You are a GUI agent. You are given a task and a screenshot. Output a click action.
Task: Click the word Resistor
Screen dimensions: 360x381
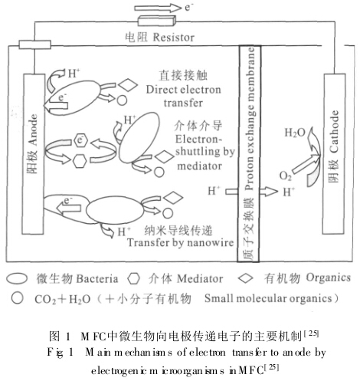pyautogui.click(x=174, y=38)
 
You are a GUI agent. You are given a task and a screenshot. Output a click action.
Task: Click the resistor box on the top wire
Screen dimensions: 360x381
pyautogui.click(x=157, y=21)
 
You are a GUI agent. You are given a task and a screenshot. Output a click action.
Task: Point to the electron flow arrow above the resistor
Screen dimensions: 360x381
pyautogui.click(x=158, y=8)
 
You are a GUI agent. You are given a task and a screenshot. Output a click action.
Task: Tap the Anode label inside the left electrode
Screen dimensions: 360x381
pyautogui.click(x=33, y=130)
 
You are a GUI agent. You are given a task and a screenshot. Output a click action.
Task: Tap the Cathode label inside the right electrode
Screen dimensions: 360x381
pyautogui.click(x=334, y=131)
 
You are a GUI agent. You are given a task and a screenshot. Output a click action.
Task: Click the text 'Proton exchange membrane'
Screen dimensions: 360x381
pyautogui.click(x=249, y=118)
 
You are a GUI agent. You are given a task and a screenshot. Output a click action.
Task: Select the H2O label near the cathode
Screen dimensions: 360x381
pyautogui.click(x=295, y=133)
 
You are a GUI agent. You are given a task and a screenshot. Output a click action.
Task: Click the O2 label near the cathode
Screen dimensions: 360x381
pyautogui.click(x=285, y=176)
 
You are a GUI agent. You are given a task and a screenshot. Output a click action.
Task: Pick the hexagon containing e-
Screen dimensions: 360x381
pyautogui.click(x=80, y=140)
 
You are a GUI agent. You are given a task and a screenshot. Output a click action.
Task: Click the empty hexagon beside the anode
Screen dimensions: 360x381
pyautogui.click(x=80, y=161)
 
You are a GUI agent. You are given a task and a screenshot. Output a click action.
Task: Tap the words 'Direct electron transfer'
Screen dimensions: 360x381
pyautogui.click(x=183, y=97)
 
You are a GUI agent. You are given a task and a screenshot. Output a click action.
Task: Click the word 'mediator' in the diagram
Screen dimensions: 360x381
pyautogui.click(x=200, y=166)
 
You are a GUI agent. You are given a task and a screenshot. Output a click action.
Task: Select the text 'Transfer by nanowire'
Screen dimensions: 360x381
pyautogui.click(x=181, y=242)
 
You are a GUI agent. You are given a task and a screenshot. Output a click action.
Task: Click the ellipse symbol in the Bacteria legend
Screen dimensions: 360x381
pyautogui.click(x=17, y=278)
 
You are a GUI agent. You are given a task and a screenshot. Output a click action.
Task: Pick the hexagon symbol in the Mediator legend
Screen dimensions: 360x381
pyautogui.click(x=134, y=278)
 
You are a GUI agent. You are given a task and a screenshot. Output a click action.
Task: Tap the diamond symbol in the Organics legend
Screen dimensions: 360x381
pyautogui.click(x=246, y=278)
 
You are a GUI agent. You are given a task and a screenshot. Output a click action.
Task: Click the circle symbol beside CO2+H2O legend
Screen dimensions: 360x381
pyautogui.click(x=18, y=298)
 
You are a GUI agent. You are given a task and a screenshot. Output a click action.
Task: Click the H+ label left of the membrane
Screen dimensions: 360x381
pyautogui.click(x=214, y=191)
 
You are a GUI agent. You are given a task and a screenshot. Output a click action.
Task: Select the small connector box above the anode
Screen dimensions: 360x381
pyautogui.click(x=35, y=44)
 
